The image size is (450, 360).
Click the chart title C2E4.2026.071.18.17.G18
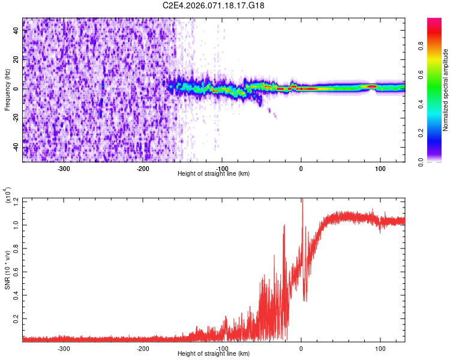[214, 5]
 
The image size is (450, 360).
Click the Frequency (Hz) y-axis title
[7, 90]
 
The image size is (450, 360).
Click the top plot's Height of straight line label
[214, 173]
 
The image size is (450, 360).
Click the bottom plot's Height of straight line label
[214, 353]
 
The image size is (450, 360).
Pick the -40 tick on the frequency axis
[14, 147]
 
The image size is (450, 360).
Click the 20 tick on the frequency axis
[16, 59]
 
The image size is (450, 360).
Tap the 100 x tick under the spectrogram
[380, 169]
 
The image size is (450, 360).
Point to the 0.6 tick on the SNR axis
[16, 272]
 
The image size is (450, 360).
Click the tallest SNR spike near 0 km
[302, 200]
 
